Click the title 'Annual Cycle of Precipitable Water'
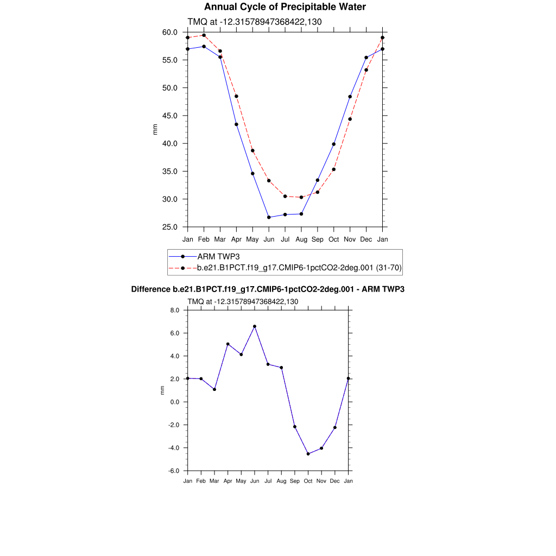point(285,7)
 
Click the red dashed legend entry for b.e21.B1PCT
point(299,268)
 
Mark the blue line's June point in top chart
point(269,217)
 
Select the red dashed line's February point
point(204,35)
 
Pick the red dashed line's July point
point(285,196)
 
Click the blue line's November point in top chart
point(350,97)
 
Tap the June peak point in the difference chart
point(255,326)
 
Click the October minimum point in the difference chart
point(308,454)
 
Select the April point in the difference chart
point(228,344)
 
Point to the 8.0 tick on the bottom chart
point(175,310)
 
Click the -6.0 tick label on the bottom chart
point(174,471)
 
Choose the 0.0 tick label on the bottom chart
point(175,402)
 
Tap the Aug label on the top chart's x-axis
point(301,239)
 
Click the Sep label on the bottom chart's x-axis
point(295,481)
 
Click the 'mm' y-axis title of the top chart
point(155,129)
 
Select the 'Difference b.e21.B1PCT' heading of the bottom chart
point(268,289)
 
